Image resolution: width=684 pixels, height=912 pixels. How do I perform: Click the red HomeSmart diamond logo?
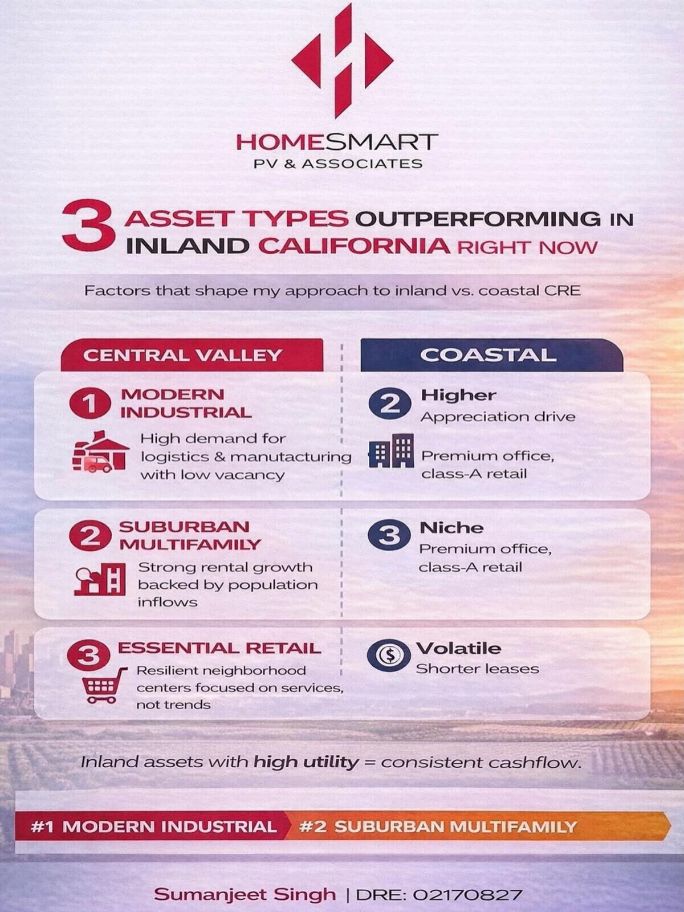click(x=342, y=60)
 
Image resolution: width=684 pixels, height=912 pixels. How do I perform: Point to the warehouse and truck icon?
click(x=100, y=452)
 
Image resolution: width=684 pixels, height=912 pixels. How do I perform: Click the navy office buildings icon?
click(x=391, y=451)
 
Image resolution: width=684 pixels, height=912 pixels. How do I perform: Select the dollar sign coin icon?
click(x=389, y=655)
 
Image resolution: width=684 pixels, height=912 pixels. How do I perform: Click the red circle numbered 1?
click(x=89, y=404)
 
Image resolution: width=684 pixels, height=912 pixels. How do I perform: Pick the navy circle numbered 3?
click(x=389, y=535)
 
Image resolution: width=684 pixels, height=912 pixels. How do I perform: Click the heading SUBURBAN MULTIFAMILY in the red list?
click(x=189, y=535)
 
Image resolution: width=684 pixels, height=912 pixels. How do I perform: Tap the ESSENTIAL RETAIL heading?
click(x=219, y=648)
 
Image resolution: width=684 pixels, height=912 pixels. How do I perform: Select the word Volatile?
click(x=459, y=648)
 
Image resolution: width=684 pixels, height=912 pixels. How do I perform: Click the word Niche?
click(x=451, y=528)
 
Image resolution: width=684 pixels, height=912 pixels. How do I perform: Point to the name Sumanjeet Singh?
click(x=245, y=894)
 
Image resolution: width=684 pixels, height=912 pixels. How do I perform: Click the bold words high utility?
click(x=307, y=762)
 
